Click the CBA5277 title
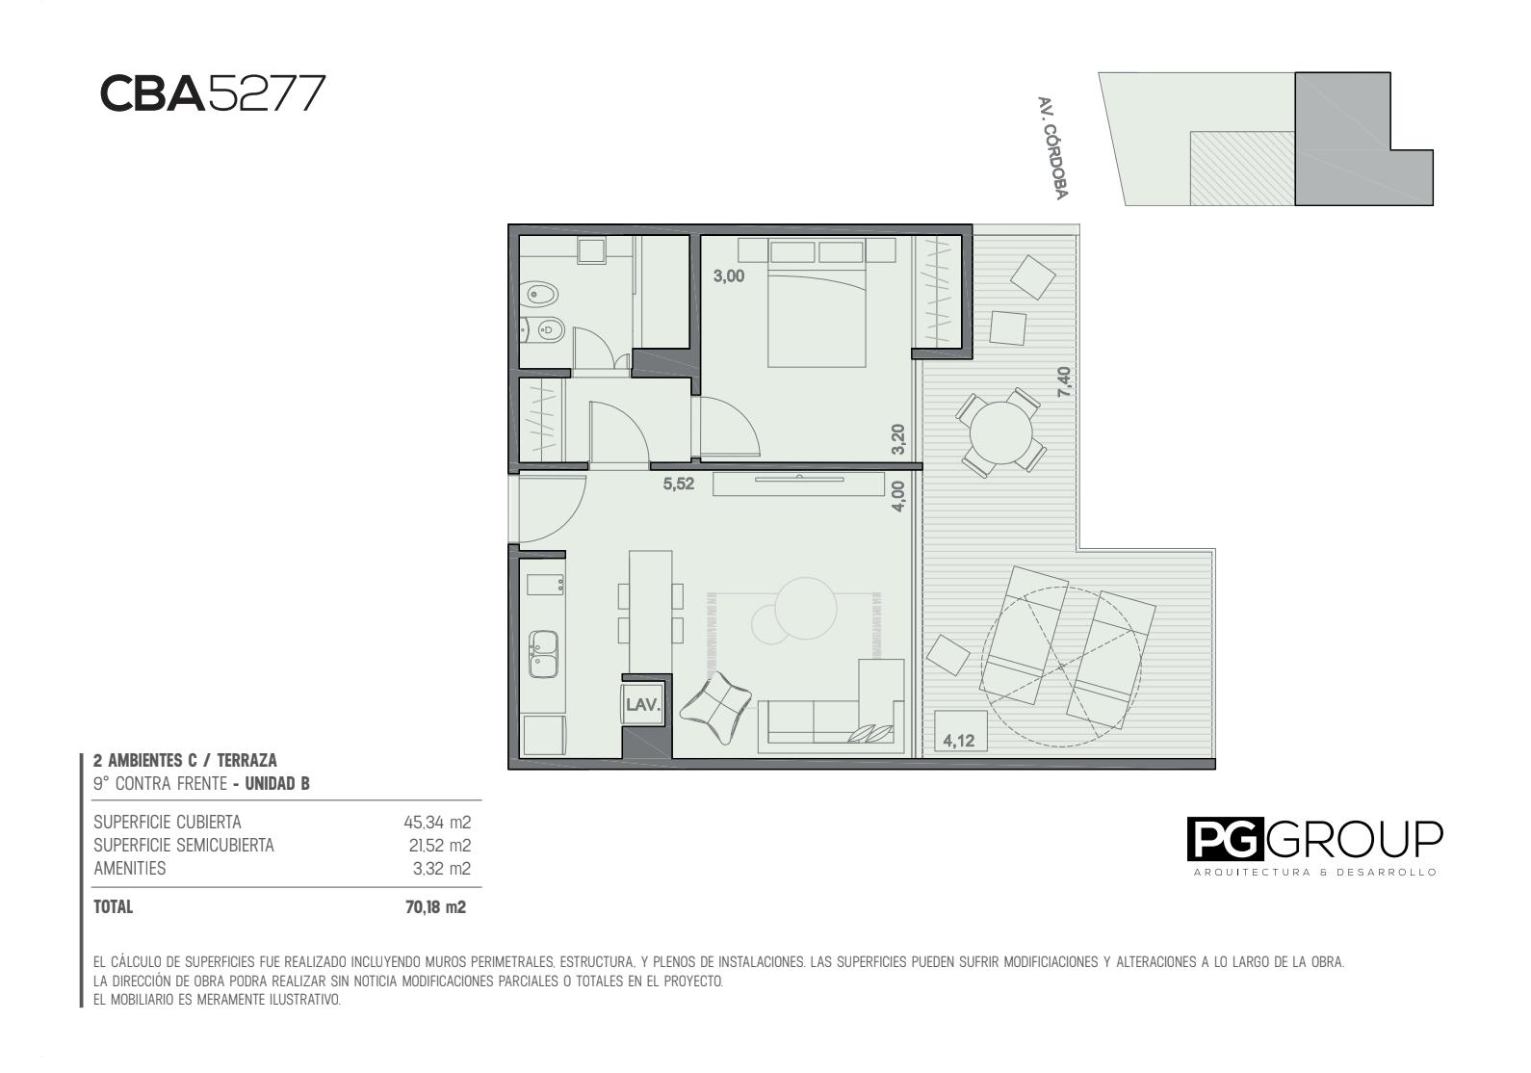tap(213, 93)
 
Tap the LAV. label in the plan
tap(642, 704)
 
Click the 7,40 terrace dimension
tap(1064, 381)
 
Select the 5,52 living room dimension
tap(678, 484)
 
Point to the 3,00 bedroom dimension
tap(729, 276)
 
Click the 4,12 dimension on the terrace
tap(958, 741)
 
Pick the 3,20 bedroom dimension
tap(898, 439)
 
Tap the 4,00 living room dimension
tap(898, 496)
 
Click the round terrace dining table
tap(1000, 432)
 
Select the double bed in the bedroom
tap(817, 303)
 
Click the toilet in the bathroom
tap(543, 295)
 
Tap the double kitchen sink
tap(543, 654)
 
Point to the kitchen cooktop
tap(545, 585)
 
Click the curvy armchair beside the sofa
tap(717, 708)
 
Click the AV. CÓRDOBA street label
tap(1052, 148)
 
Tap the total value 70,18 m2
tap(435, 907)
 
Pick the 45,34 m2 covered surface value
tap(437, 822)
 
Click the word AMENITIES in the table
tap(130, 869)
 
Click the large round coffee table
tap(807, 609)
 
